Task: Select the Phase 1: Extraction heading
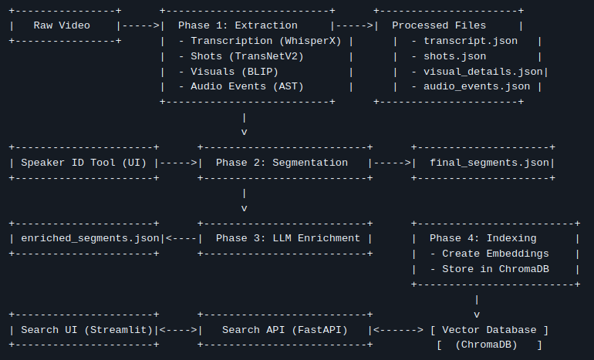[x=238, y=25]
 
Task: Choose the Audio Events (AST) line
[x=247, y=87]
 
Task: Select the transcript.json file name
[x=470, y=41]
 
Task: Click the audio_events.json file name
[x=476, y=87]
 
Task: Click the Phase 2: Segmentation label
[x=282, y=163]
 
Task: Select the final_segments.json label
[x=491, y=163]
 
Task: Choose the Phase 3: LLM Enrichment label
[x=288, y=238]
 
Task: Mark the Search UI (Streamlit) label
[x=85, y=330]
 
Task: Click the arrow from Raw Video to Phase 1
[x=139, y=25]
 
